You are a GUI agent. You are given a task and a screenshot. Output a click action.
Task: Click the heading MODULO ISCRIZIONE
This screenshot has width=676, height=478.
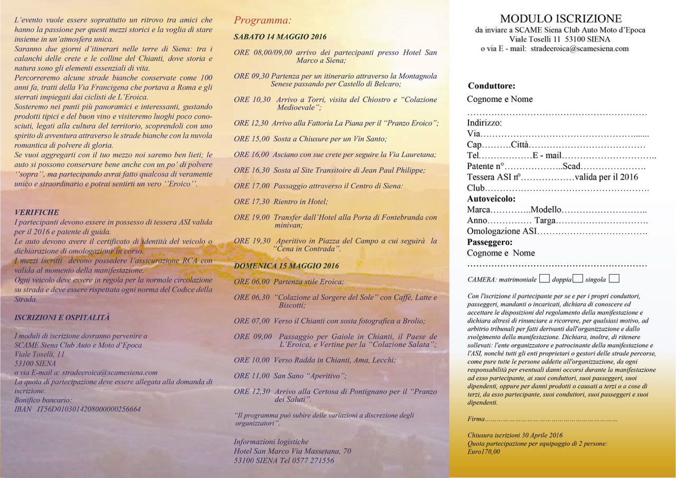[561, 19]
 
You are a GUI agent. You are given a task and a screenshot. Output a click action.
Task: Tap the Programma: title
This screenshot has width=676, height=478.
[262, 21]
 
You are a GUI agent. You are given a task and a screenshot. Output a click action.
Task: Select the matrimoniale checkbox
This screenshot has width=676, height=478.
[544, 278]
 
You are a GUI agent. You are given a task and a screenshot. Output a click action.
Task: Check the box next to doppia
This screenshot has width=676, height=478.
[578, 278]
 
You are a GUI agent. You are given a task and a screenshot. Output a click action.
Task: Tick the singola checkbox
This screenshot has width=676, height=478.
[614, 278]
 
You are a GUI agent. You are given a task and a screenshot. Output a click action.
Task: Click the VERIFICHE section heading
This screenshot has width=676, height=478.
[37, 212]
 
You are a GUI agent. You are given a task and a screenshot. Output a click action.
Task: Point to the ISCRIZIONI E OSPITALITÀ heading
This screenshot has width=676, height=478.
[62, 317]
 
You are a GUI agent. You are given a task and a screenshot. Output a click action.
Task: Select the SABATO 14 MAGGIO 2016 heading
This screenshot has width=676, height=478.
[280, 37]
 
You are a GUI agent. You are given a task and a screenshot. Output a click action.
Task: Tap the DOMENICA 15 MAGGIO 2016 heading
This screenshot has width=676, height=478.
[286, 266]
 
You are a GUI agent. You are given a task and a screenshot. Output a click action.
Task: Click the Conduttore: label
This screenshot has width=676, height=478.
[491, 86]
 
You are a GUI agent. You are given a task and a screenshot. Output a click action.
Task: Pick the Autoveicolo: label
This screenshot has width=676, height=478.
[491, 199]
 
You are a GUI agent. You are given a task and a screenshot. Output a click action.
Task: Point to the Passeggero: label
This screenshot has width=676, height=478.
[490, 242]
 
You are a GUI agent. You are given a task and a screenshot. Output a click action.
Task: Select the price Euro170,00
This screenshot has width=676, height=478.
[484, 452]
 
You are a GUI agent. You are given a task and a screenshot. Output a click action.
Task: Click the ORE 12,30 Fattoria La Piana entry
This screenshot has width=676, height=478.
[336, 123]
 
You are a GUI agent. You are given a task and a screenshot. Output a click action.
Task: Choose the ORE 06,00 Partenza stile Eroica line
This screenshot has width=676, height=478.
[288, 282]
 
